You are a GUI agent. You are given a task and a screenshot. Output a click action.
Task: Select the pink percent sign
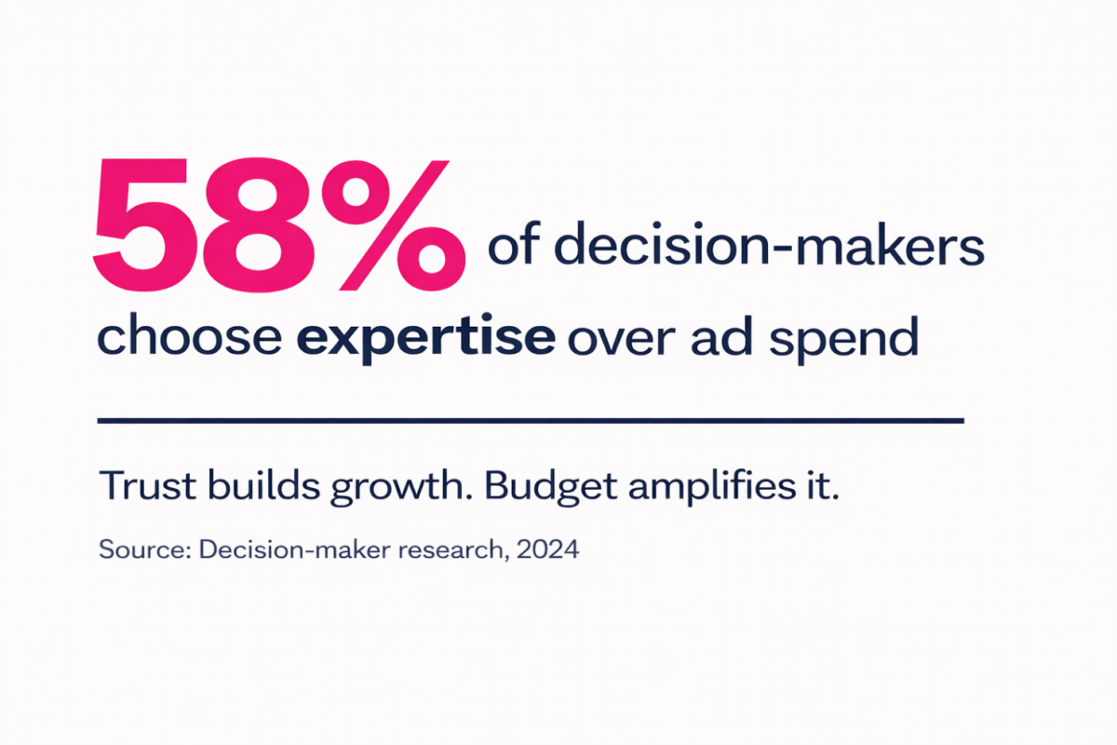coord(394,225)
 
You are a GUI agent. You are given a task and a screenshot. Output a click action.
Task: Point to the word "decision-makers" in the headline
coord(770,243)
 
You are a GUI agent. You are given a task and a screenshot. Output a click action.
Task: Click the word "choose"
coord(190,334)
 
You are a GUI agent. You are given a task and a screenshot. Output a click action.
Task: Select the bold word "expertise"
coord(426,339)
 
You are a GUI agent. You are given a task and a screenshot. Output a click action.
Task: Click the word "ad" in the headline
coord(721,335)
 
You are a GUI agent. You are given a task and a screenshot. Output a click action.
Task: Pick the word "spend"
coord(843,339)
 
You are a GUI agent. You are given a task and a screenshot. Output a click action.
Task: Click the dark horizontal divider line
coord(531,421)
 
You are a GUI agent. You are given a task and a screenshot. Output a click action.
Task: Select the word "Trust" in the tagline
coord(148,485)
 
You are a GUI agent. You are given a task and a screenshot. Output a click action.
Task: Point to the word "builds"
coord(263,484)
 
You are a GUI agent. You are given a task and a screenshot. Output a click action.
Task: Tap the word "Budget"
coord(551,488)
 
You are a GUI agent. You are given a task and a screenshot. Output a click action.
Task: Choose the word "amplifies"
coord(712,488)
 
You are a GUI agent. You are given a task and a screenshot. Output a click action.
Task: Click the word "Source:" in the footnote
coord(145,549)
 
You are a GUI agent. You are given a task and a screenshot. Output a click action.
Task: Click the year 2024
coord(548,549)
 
